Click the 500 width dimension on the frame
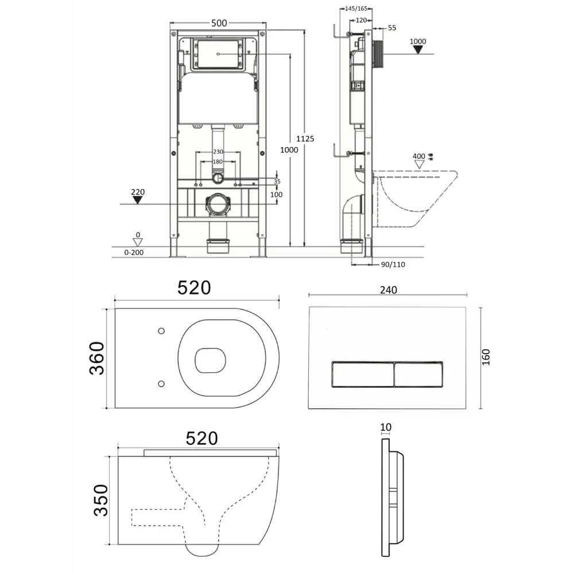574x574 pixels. (x=219, y=23)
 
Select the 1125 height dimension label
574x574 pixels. (x=305, y=139)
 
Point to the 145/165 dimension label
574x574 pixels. (x=356, y=9)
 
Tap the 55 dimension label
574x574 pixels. (x=391, y=28)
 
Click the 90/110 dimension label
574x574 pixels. (x=393, y=264)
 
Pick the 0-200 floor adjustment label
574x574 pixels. (x=134, y=252)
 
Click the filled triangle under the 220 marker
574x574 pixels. (x=137, y=200)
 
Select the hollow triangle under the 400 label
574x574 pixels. (x=419, y=164)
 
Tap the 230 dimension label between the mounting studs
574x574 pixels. (x=218, y=152)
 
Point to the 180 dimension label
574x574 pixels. (x=218, y=161)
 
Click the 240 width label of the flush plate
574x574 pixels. (x=388, y=290)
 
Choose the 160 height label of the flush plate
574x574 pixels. (x=486, y=357)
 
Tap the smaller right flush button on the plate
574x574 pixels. (x=418, y=374)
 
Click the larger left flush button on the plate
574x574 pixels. (x=362, y=374)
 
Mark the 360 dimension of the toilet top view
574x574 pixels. (x=96, y=358)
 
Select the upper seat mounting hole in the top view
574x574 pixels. (x=161, y=331)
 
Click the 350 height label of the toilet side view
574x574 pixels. (x=101, y=500)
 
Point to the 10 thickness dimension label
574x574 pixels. (x=386, y=427)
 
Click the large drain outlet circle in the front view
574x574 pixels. (x=218, y=204)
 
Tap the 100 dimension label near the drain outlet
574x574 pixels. (x=277, y=195)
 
